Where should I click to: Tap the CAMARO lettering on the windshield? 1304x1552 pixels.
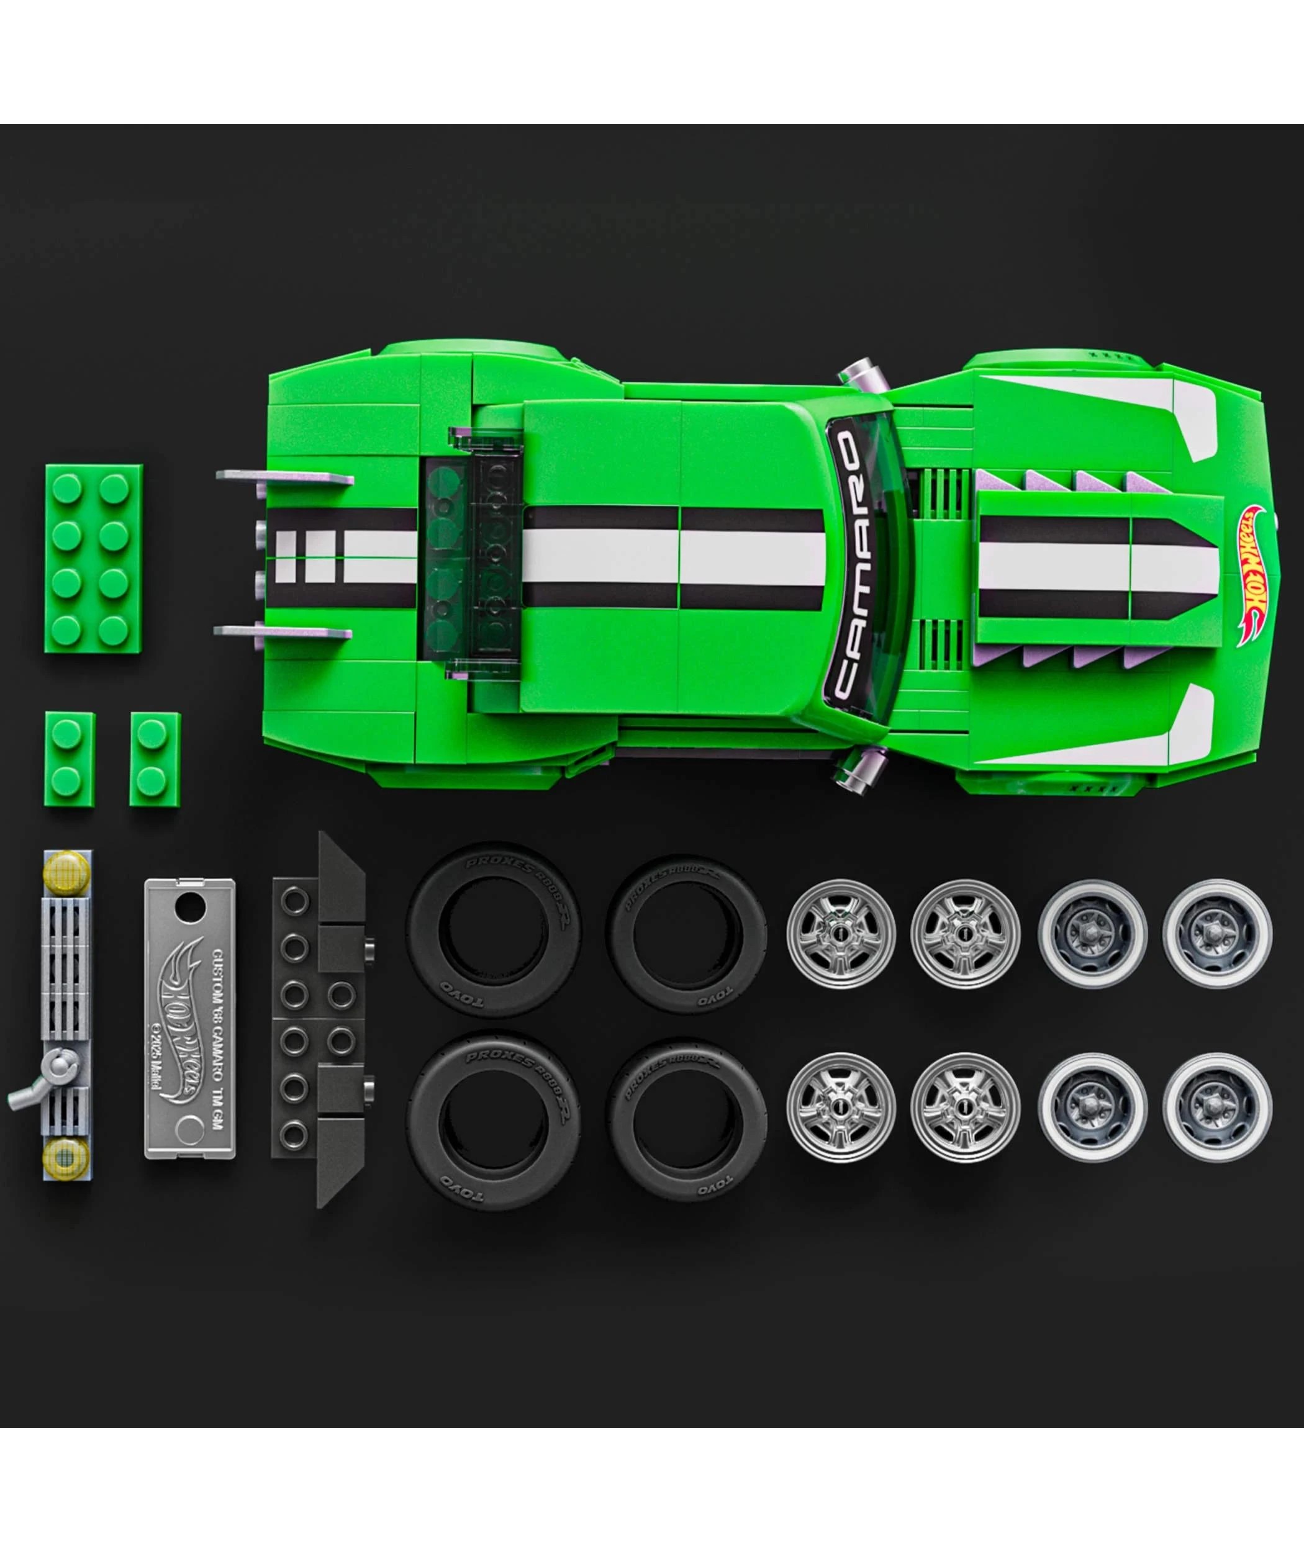[846, 566]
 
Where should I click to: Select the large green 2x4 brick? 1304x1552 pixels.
[94, 558]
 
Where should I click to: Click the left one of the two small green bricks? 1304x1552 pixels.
[69, 759]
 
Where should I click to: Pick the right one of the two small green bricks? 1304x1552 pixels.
[155, 759]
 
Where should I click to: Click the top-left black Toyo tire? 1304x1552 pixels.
[493, 929]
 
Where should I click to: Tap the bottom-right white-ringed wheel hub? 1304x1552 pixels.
[1217, 1106]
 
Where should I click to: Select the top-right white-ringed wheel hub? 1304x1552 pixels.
[1217, 934]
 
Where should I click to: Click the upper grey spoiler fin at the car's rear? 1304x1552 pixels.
[284, 477]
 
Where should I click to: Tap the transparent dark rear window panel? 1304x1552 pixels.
[473, 558]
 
